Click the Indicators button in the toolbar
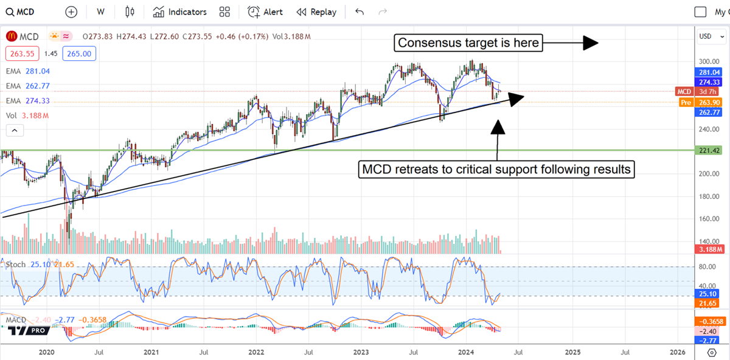coord(180,12)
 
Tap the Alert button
coord(265,12)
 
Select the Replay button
coord(316,12)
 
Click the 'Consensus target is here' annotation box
coord(468,43)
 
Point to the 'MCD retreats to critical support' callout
coord(496,168)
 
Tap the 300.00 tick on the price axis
coord(705,61)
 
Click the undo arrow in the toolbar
coord(360,12)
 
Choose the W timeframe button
coord(100,12)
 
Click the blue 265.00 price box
coord(79,54)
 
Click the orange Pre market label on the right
coord(686,102)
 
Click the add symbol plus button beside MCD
coord(71,12)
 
